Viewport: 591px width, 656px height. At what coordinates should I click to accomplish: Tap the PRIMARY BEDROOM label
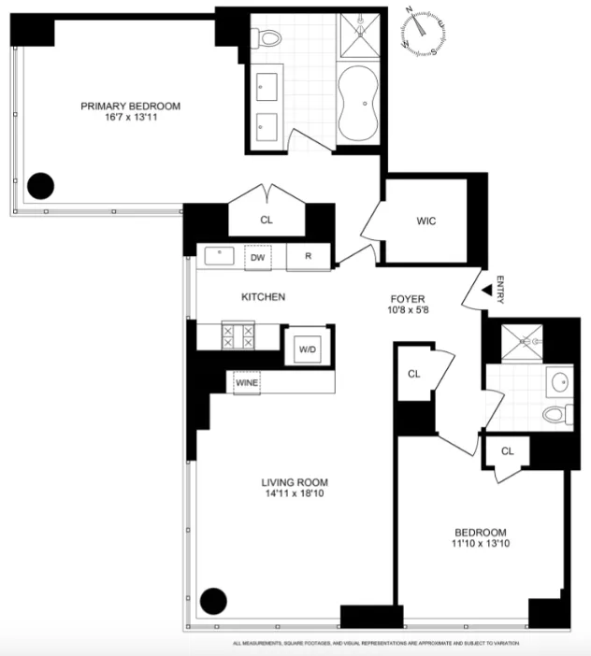pos(130,107)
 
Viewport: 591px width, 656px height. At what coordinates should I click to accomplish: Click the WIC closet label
pos(426,221)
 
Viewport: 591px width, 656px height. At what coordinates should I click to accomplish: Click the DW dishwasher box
pos(257,257)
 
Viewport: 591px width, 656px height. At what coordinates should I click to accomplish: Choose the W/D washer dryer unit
pos(307,349)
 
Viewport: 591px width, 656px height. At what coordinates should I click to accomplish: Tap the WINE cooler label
pos(247,383)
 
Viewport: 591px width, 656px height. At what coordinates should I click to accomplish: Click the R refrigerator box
pos(307,257)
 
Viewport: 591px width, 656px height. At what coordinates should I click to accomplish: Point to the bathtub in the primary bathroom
pos(360,104)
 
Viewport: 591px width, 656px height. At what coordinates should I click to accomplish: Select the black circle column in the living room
pos(214,600)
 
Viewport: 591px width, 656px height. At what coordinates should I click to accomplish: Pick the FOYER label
pos(408,301)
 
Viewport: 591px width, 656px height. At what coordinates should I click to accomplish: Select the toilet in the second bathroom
pos(555,415)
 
